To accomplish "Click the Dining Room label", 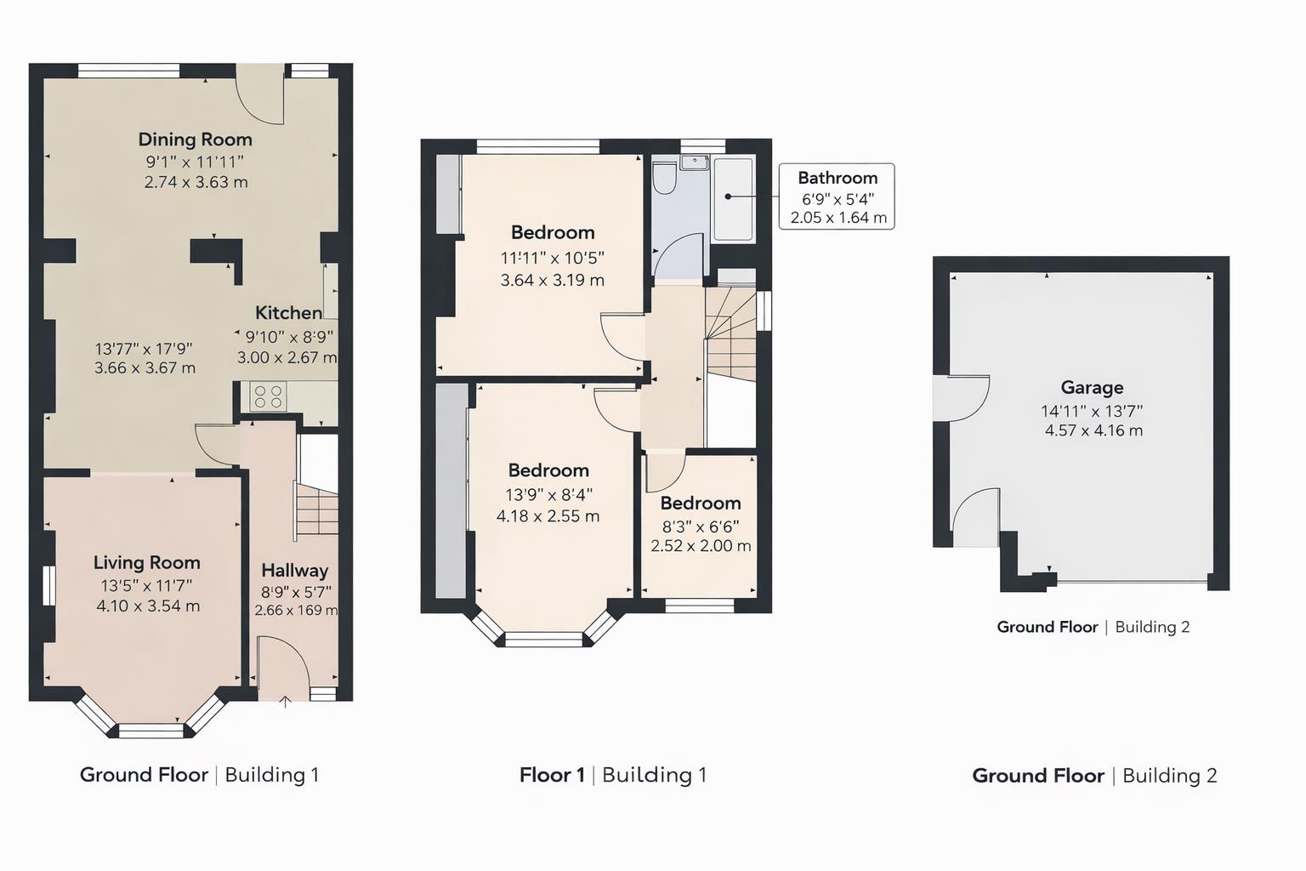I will click(195, 139).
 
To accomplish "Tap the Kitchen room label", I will click(288, 313).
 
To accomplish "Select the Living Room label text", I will click(147, 562).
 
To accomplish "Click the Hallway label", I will click(294, 571).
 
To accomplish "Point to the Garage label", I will click(1092, 388).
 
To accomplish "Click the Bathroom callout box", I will click(837, 196).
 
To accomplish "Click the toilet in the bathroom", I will click(664, 179).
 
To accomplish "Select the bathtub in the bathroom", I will click(733, 198).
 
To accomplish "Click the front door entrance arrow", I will click(286, 702).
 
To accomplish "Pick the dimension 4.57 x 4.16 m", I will click(1093, 430).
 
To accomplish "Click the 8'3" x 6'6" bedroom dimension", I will click(701, 527).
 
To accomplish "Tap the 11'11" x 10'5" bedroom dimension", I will click(552, 258).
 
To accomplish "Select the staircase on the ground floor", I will click(317, 509).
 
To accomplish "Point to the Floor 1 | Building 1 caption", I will click(612, 775).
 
